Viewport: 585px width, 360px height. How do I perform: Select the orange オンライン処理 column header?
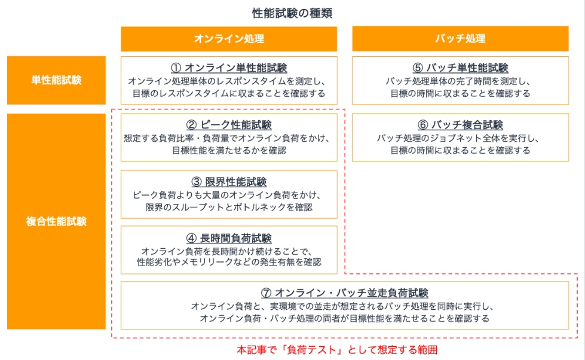pos(229,39)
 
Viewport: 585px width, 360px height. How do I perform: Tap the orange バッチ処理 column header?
pos(460,39)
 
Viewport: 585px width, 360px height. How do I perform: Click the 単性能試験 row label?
pos(56,80)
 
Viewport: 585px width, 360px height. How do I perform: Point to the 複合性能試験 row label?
pos(56,221)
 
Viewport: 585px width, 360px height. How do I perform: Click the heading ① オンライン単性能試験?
pos(229,68)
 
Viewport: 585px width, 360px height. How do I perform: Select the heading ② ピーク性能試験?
pos(229,125)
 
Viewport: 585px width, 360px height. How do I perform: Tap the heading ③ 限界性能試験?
pos(229,182)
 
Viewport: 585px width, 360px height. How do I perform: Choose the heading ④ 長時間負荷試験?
pos(229,238)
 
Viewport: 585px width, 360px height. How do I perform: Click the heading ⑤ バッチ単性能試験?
pos(460,68)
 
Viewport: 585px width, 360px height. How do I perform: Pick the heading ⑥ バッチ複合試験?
pos(460,125)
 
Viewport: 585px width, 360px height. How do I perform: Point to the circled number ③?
pos(197,182)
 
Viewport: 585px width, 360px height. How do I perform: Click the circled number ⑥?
pos(422,125)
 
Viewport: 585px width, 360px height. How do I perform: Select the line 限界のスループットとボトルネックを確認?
pos(229,207)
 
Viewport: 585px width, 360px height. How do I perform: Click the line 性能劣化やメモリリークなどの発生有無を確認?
pos(229,262)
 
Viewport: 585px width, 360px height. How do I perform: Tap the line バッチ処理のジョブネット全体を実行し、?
pos(460,139)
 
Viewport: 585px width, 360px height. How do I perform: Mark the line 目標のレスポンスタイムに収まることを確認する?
pos(229,93)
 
